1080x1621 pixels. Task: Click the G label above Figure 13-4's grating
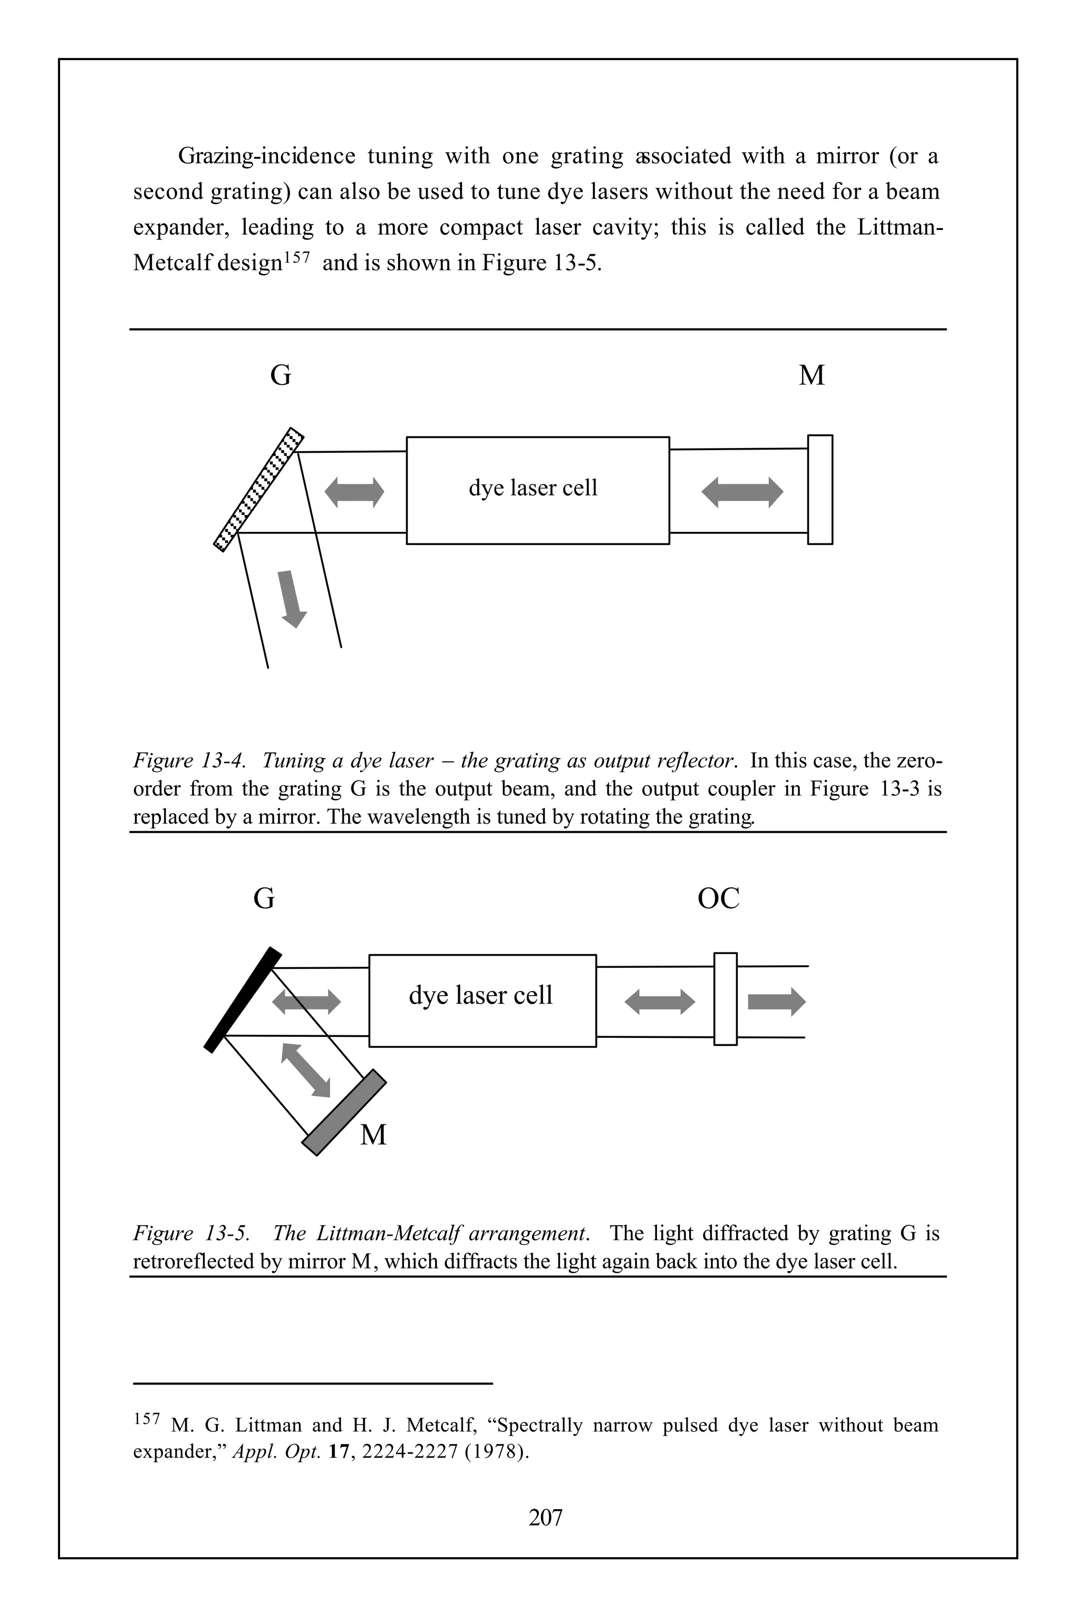click(x=281, y=376)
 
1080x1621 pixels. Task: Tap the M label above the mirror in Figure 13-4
click(x=812, y=376)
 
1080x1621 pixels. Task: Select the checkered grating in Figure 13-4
click(x=259, y=489)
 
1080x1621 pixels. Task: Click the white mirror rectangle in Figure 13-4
click(x=819, y=489)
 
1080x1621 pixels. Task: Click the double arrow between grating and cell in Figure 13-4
click(x=354, y=493)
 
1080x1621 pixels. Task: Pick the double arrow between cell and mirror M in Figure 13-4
click(x=742, y=493)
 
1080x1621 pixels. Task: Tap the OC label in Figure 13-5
click(x=718, y=899)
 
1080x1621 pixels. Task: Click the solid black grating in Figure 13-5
click(x=243, y=1000)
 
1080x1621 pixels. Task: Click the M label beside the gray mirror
click(x=373, y=1134)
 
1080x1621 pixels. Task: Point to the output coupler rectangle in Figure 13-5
click(x=725, y=999)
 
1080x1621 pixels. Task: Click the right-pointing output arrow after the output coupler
click(x=776, y=1002)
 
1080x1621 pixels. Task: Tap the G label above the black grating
click(x=264, y=899)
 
